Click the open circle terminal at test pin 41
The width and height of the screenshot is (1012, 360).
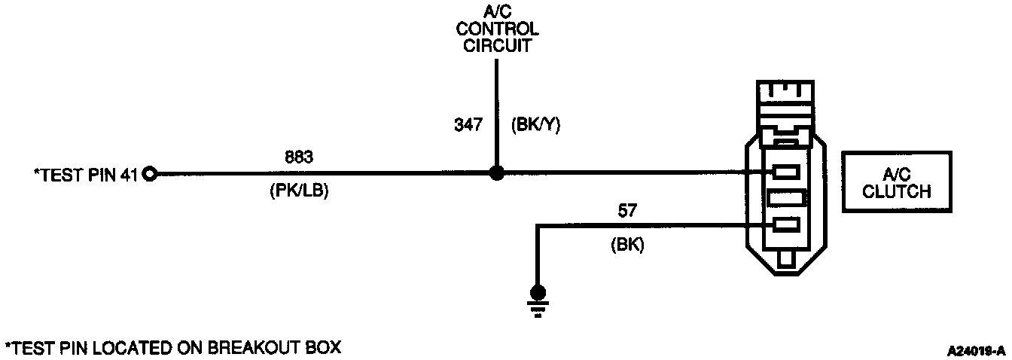tap(149, 174)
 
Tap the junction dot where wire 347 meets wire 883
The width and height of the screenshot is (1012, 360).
tap(495, 173)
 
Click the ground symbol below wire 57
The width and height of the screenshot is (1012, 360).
tap(537, 294)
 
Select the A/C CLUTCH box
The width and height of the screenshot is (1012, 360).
tap(896, 183)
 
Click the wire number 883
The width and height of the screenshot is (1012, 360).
tap(299, 158)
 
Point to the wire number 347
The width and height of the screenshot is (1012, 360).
tap(468, 125)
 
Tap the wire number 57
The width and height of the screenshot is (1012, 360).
tap(627, 211)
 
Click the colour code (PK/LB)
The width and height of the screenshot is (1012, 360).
tap(299, 192)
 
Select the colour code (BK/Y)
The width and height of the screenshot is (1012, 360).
tap(535, 125)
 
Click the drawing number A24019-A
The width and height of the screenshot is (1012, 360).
tap(977, 351)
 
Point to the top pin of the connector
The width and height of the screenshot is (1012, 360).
tap(786, 173)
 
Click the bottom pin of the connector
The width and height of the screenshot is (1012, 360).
tap(786, 224)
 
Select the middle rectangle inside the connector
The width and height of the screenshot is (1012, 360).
tap(786, 198)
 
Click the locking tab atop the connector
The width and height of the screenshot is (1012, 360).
tap(786, 94)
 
